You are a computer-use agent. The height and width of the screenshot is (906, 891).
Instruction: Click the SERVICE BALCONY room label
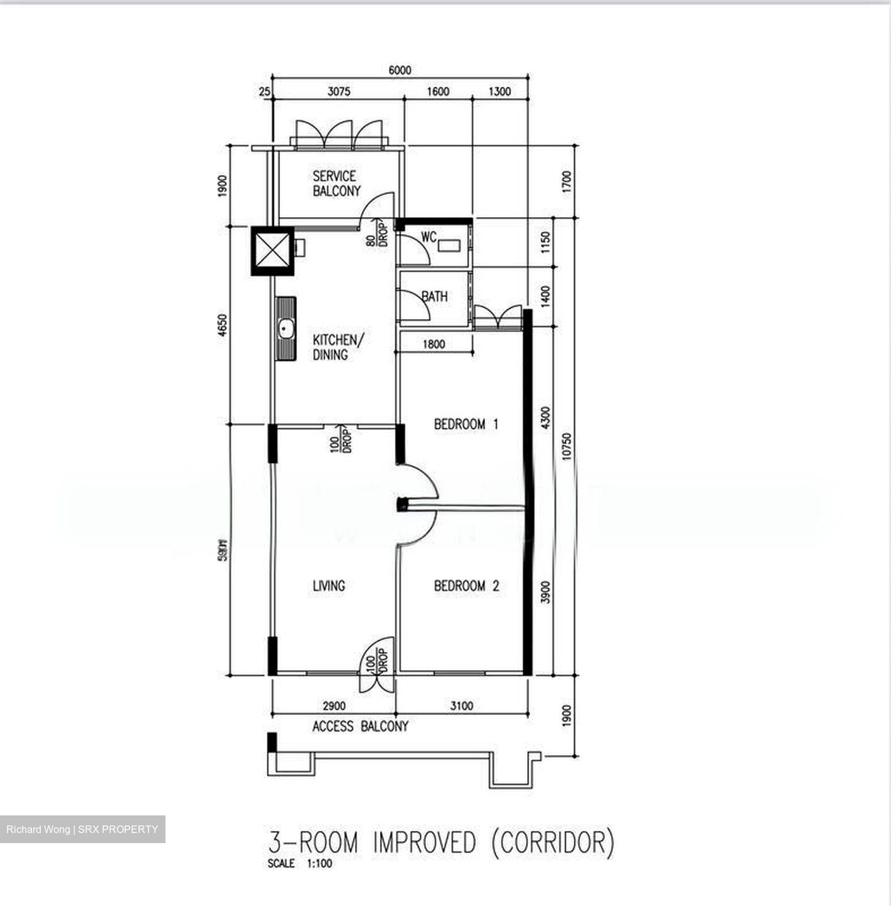click(336, 183)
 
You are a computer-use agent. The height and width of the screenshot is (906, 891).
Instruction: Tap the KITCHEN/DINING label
click(338, 347)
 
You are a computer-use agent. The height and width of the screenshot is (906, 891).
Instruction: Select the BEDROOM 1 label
click(466, 424)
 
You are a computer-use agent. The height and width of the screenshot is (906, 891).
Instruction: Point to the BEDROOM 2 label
click(466, 586)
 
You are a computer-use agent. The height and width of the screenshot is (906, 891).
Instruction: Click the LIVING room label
click(328, 586)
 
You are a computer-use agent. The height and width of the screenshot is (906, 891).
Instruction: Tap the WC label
click(429, 237)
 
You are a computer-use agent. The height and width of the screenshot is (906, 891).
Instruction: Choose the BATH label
click(434, 296)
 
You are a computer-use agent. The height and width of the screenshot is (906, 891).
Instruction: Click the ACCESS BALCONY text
click(360, 727)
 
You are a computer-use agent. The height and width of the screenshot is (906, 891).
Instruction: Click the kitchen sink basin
click(286, 328)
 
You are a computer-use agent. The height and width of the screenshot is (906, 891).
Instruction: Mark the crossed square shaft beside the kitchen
click(272, 250)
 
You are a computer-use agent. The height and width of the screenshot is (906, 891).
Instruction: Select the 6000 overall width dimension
click(400, 70)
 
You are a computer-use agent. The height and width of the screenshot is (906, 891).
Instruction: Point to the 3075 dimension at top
click(339, 92)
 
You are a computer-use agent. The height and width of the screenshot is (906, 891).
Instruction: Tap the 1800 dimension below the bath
click(434, 344)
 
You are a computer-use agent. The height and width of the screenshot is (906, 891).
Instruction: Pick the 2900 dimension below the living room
click(333, 706)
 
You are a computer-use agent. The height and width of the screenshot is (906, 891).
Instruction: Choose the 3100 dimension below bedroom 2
click(461, 706)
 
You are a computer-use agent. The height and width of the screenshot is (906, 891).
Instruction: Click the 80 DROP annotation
click(376, 233)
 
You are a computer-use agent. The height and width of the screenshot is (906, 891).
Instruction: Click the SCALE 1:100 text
click(300, 864)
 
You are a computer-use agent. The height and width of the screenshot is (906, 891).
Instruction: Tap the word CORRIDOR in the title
click(552, 842)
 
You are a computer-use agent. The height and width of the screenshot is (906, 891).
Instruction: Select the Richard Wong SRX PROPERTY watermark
click(82, 829)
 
